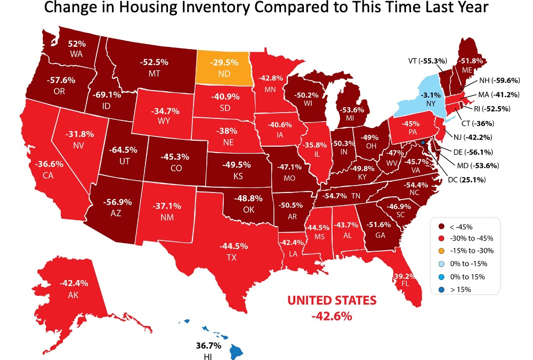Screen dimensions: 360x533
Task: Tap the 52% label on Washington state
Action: (75, 44)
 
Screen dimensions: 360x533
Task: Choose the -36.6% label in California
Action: (46, 165)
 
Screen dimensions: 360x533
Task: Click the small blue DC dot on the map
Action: (423, 143)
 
